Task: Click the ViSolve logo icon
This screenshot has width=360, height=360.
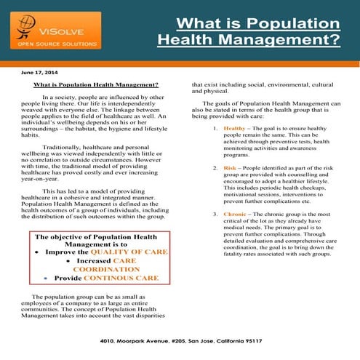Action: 26,28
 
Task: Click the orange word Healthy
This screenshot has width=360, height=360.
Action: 235,128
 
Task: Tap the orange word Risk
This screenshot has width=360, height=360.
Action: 230,168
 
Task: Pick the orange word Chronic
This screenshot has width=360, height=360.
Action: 236,215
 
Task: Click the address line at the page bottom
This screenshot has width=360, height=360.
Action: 180,341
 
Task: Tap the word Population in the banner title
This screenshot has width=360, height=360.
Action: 291,23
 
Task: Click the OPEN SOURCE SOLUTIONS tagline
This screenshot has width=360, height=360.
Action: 52,44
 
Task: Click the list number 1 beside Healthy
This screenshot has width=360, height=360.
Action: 215,128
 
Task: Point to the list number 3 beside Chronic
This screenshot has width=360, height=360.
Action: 215,215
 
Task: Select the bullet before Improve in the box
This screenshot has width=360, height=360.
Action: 37,252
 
